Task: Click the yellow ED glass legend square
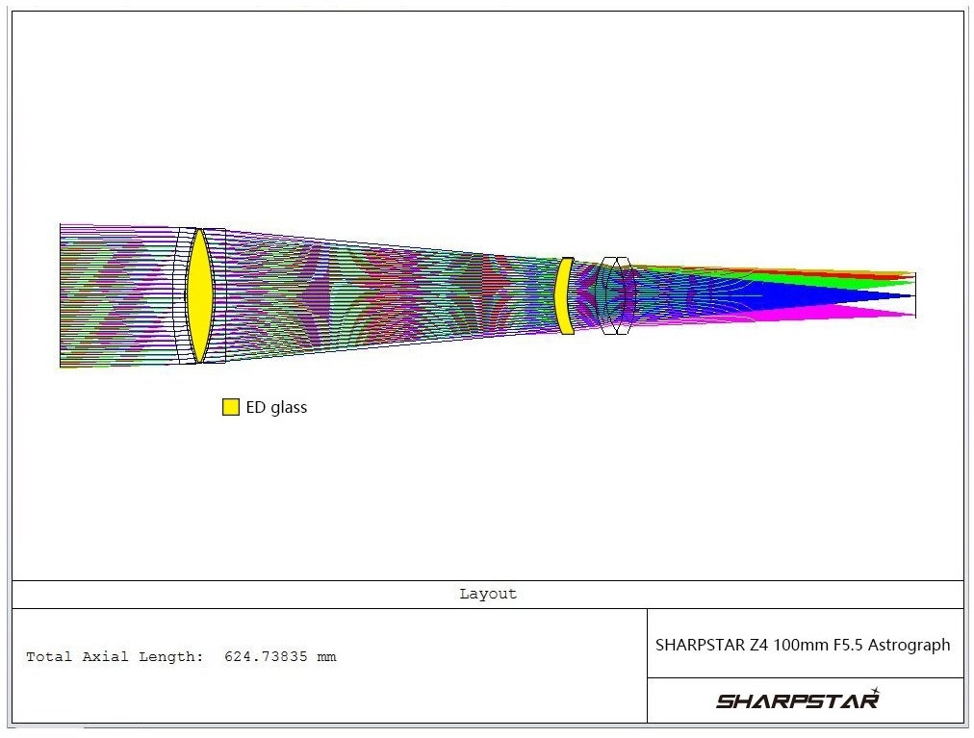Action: (x=230, y=407)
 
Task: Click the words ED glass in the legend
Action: (x=276, y=408)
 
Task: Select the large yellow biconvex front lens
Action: (x=199, y=295)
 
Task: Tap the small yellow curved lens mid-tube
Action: (x=564, y=295)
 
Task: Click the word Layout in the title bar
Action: (x=488, y=594)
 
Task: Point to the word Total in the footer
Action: (x=49, y=656)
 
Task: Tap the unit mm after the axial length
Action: (x=326, y=657)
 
